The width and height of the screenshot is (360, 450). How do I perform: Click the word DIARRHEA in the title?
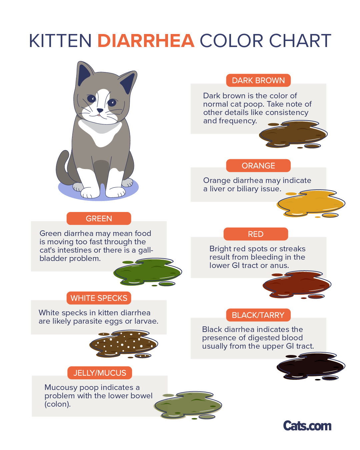(146, 41)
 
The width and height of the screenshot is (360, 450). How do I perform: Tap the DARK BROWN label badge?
(258, 80)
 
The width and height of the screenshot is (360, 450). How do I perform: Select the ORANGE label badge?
(258, 166)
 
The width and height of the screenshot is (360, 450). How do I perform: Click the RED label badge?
(256, 234)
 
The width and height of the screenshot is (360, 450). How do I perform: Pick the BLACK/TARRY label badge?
(258, 315)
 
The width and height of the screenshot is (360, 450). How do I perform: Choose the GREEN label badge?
(99, 218)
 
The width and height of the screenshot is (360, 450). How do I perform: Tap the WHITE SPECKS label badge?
(99, 298)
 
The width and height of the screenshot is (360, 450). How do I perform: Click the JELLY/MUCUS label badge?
(100, 373)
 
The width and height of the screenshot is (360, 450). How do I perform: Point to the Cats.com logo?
(307, 426)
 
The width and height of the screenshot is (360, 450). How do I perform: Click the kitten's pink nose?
(100, 110)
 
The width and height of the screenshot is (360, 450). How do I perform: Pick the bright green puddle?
(147, 272)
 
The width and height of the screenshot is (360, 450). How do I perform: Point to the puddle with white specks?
(123, 344)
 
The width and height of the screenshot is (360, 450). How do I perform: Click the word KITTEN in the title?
(60, 41)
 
